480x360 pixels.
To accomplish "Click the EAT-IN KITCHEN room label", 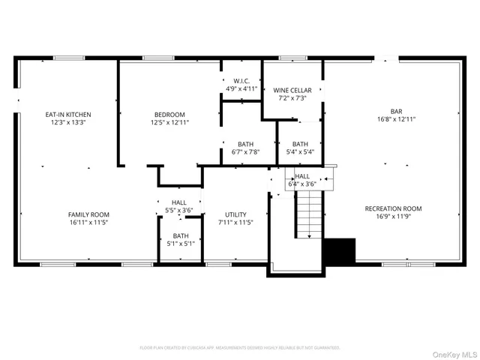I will tap(68, 114).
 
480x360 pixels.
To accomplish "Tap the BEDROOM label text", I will tap(169, 114).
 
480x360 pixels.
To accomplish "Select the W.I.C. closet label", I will tap(241, 80).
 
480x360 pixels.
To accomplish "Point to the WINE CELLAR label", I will tap(292, 89).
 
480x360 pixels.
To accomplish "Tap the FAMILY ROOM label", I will tap(89, 214).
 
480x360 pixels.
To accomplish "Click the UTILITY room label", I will tap(235, 214).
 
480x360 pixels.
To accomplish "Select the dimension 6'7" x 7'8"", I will tap(245, 152).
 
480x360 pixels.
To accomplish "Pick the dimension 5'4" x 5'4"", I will tap(300, 152).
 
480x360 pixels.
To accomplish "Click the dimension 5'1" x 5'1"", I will tap(181, 243).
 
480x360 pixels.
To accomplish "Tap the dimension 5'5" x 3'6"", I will tap(179, 210).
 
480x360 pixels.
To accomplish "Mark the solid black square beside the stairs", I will tap(338, 250).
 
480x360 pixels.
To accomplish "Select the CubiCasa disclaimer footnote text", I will tap(240, 348).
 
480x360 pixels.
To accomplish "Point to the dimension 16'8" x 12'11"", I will tap(396, 118).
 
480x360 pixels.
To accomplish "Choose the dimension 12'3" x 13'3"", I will tap(68, 122).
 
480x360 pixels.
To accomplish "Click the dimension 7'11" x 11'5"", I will tap(235, 222).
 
